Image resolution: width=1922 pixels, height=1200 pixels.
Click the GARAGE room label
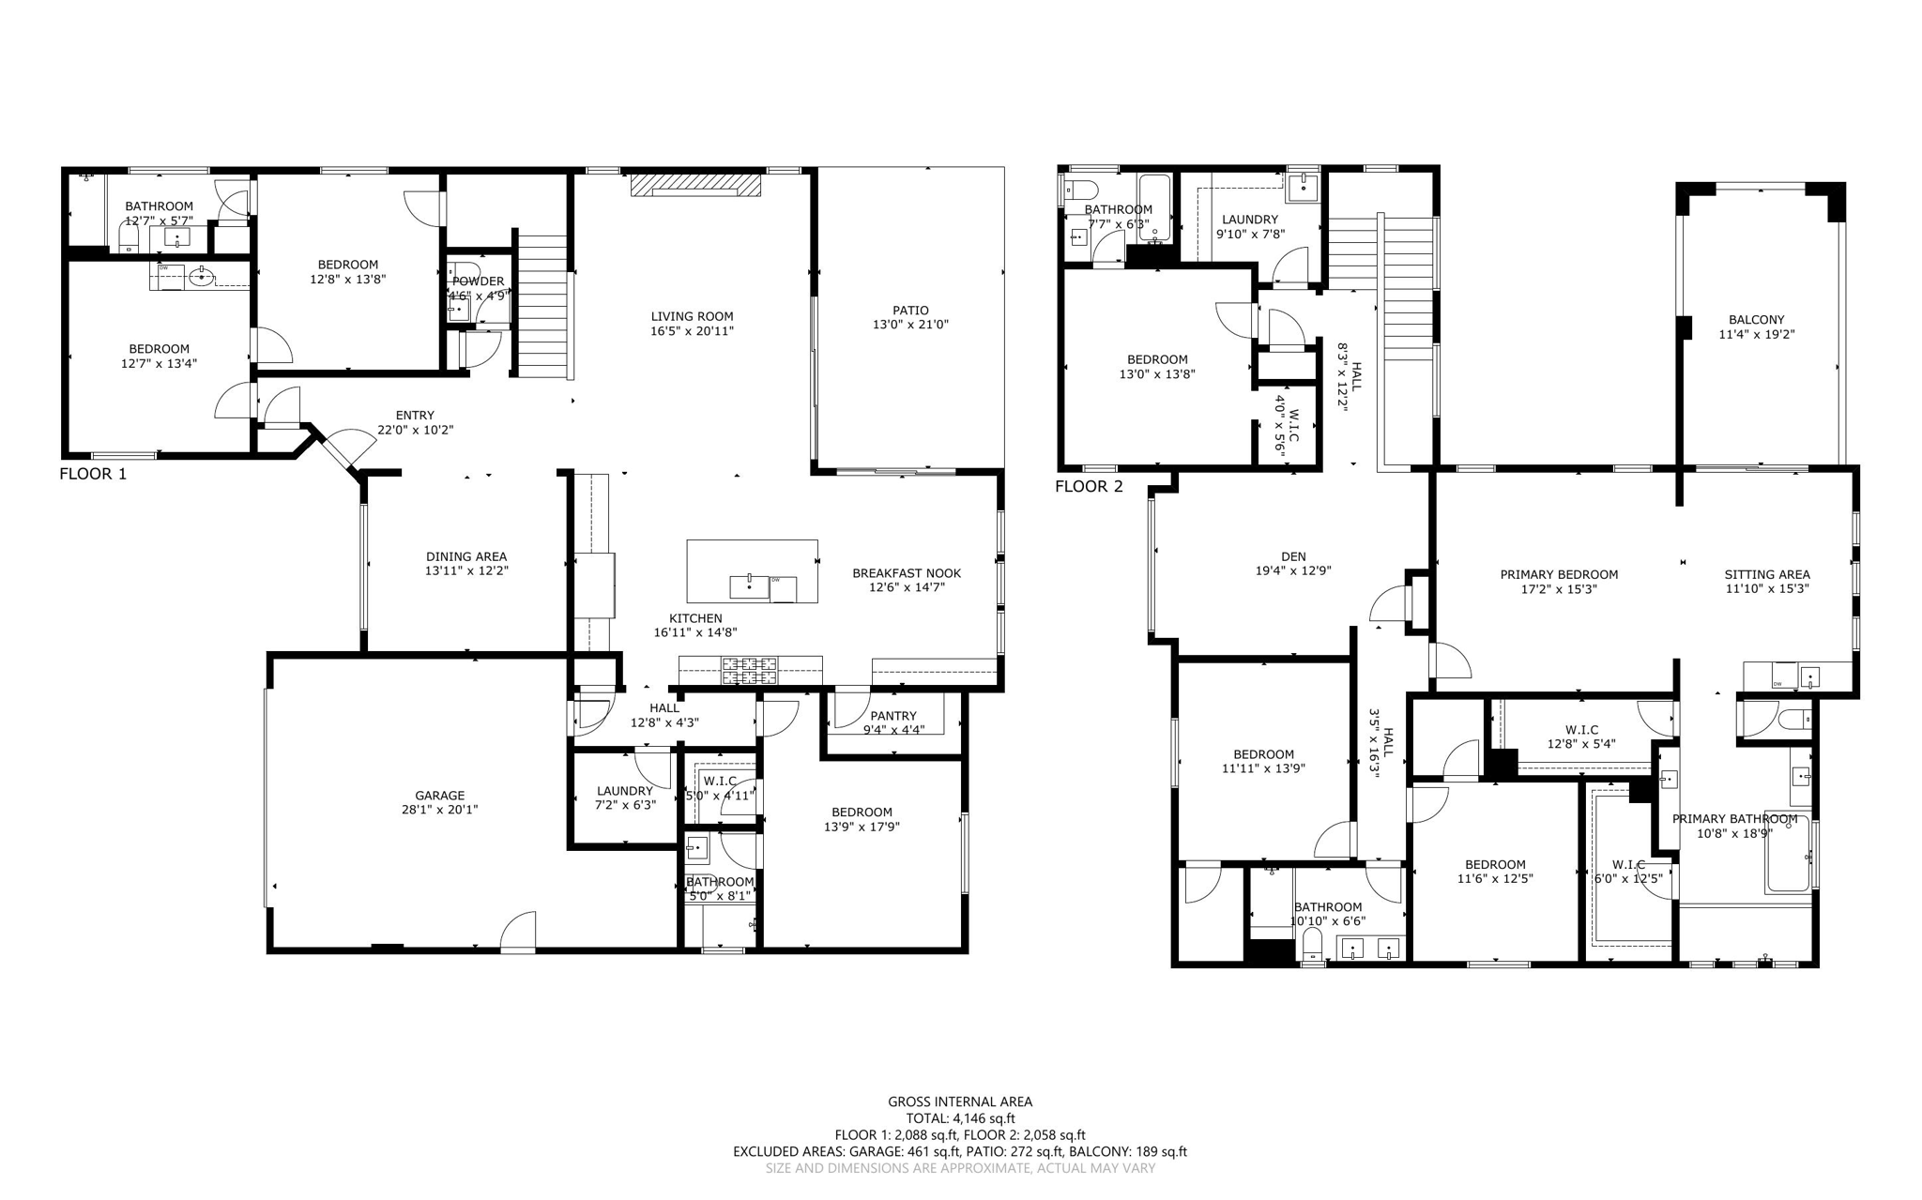(440, 795)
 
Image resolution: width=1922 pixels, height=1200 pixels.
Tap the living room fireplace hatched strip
(694, 185)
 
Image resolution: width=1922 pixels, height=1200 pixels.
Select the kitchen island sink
(749, 586)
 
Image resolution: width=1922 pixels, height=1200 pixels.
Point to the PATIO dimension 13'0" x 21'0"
(910, 325)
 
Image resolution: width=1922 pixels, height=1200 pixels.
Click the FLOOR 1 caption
(93, 474)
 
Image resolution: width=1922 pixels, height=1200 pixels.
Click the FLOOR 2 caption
(1089, 486)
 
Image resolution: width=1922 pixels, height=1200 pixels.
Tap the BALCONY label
(1757, 319)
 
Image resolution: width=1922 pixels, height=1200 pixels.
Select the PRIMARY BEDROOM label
(1559, 574)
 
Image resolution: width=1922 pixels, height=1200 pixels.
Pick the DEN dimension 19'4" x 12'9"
(1293, 570)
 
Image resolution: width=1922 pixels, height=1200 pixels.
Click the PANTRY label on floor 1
(893, 716)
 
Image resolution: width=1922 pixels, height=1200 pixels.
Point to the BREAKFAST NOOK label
(907, 572)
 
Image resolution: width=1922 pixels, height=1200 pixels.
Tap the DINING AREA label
(466, 556)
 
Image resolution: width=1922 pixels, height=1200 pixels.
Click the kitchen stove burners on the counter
(749, 669)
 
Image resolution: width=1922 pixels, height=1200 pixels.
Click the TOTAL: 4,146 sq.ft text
(960, 1118)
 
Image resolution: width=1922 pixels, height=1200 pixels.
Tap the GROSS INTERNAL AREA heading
(960, 1101)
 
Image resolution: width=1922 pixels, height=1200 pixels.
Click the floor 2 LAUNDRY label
(1250, 220)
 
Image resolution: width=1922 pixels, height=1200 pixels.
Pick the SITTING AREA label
(1767, 574)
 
